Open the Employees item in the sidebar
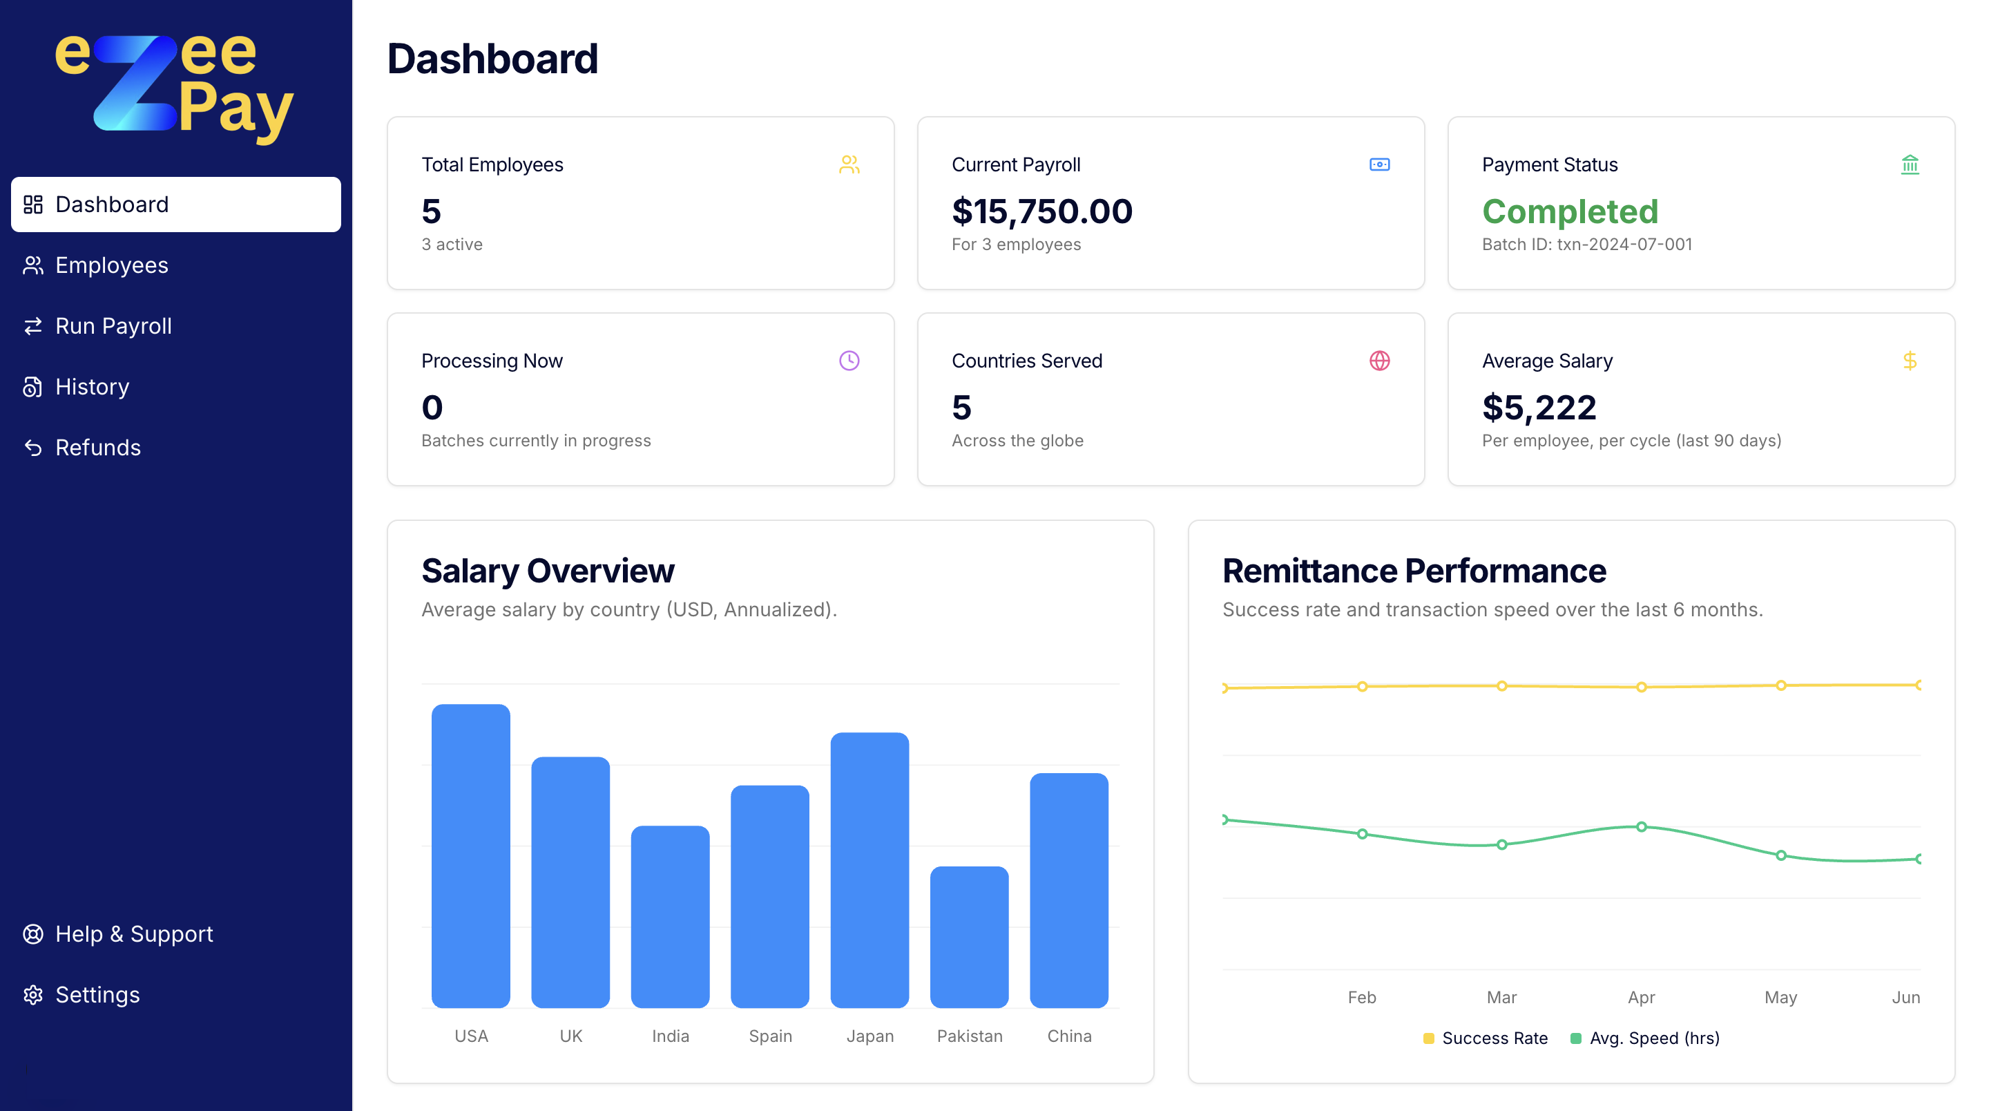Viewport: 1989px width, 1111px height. pos(111,265)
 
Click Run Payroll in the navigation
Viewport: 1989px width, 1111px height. pos(113,326)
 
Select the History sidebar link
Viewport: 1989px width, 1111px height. pos(92,386)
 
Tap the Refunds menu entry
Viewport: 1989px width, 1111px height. pos(97,447)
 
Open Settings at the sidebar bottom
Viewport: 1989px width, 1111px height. pos(97,994)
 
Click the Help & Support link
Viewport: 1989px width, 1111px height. pos(133,934)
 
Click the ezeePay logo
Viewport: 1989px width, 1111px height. pos(175,85)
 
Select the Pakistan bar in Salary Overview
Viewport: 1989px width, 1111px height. pos(969,936)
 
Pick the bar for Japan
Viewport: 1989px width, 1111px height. pos(869,869)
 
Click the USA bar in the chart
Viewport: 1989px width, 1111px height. pos(471,855)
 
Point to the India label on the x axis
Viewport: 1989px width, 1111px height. pos(670,1036)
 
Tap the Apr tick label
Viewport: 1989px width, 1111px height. pos(1641,998)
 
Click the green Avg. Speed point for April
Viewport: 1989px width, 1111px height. pos(1642,826)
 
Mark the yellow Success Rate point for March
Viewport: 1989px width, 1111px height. pos(1502,686)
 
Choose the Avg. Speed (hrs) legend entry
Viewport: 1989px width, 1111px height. pos(1645,1038)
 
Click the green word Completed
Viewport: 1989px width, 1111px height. pos(1570,211)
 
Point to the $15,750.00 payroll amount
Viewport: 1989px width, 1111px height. pos(1041,211)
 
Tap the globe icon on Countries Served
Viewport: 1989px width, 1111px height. pos(1379,361)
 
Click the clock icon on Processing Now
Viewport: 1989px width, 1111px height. pos(849,361)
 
